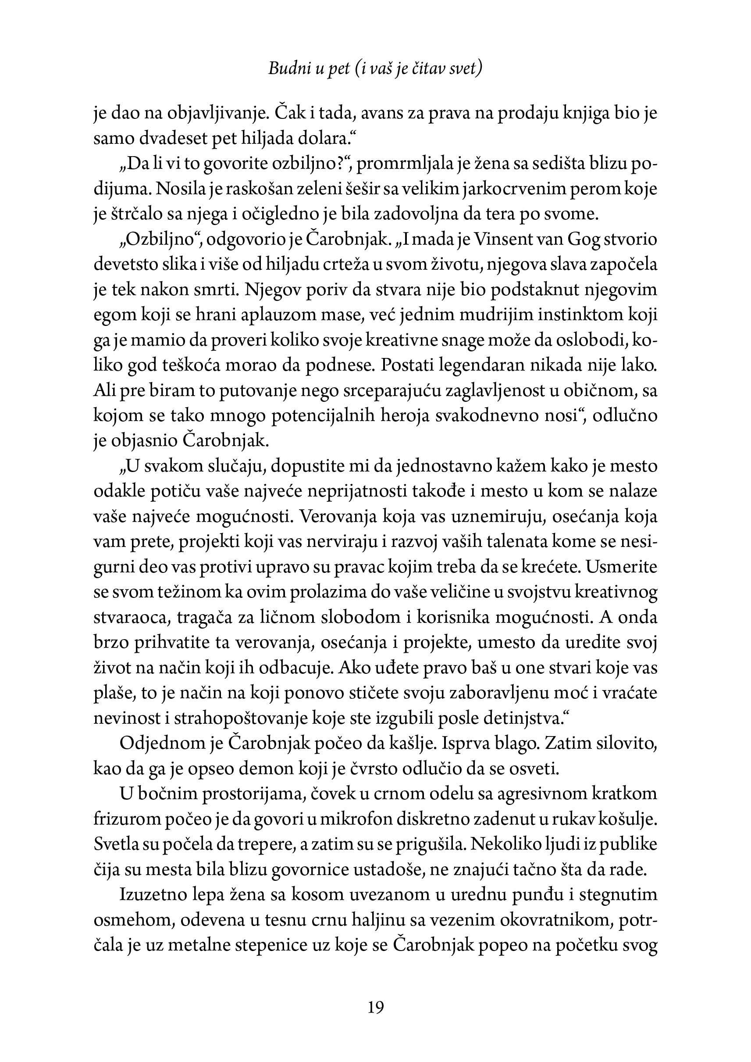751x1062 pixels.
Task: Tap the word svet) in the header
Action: (466, 69)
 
